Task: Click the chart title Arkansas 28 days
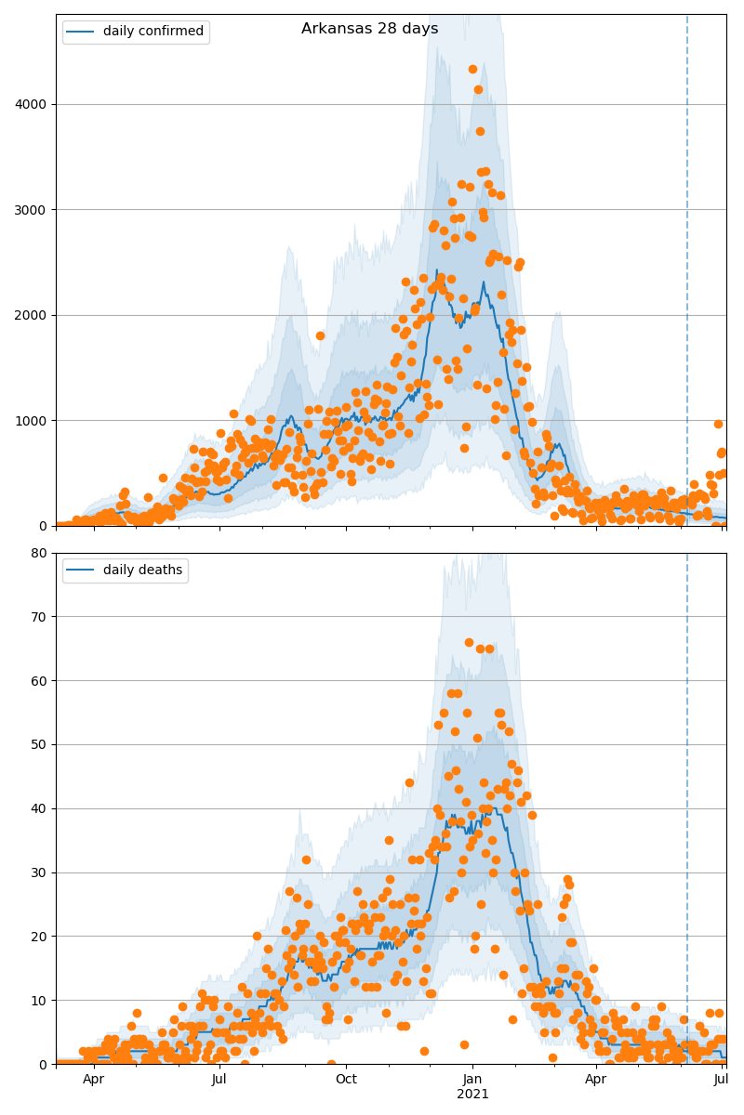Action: pyautogui.click(x=369, y=29)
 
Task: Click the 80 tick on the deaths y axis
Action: pyautogui.click(x=40, y=553)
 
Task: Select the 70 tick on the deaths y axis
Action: pyautogui.click(x=40, y=617)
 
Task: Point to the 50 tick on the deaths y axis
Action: pyautogui.click(x=40, y=744)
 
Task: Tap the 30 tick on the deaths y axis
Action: pyautogui.click(x=40, y=872)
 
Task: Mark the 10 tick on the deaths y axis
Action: pyautogui.click(x=40, y=1001)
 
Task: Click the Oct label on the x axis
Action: pyautogui.click(x=346, y=1079)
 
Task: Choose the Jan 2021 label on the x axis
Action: pyautogui.click(x=472, y=1079)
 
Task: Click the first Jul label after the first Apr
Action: pyautogui.click(x=219, y=1079)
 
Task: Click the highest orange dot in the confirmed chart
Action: pyautogui.click(x=472, y=69)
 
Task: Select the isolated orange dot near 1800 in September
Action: pyautogui.click(x=320, y=335)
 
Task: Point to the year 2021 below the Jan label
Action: pyautogui.click(x=472, y=1094)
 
